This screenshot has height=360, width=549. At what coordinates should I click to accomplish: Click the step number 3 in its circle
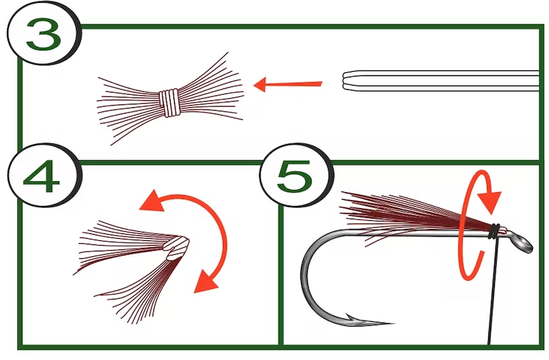(x=44, y=36)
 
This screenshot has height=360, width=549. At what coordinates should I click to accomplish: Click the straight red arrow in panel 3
(x=287, y=85)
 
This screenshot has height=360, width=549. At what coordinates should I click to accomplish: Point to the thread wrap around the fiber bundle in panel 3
(x=169, y=102)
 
